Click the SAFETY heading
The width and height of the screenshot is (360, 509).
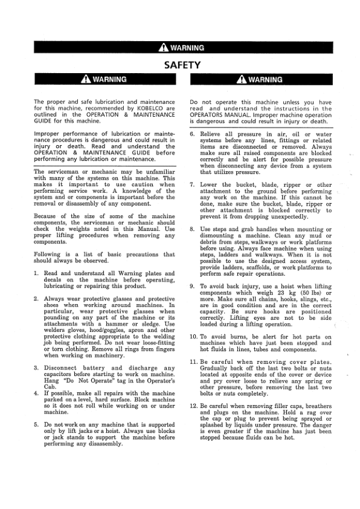point(180,64)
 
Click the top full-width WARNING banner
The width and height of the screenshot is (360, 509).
point(180,48)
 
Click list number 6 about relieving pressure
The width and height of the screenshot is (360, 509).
point(191,133)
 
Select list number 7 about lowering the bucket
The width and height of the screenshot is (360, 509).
point(191,184)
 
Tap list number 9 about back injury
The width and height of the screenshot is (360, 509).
point(191,287)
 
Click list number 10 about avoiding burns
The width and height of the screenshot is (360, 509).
point(193,337)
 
